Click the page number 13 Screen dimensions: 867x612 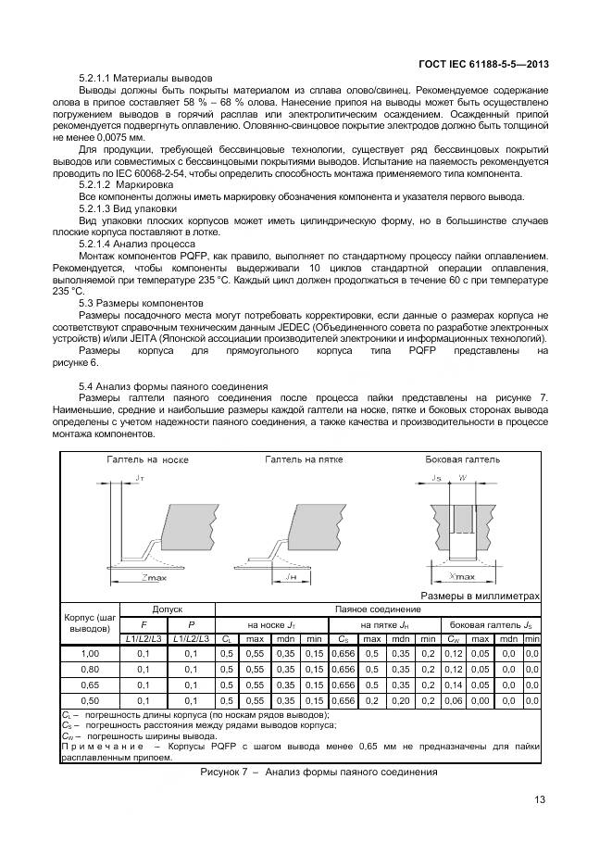click(540, 801)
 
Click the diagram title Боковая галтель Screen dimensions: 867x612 click(462, 459)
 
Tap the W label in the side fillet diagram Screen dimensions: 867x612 click(464, 478)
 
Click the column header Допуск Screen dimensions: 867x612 click(168, 609)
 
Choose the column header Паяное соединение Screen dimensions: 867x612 click(377, 609)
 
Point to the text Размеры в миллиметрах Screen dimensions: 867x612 click(480, 597)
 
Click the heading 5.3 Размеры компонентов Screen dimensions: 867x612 click(140, 303)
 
